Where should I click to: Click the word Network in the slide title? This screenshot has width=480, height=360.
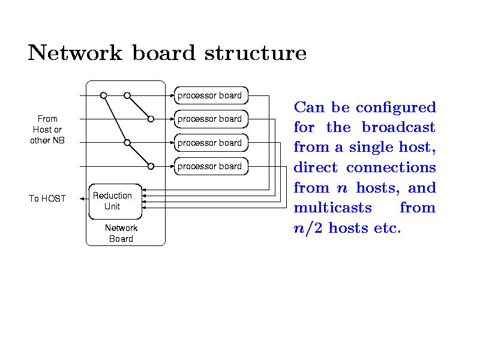(74, 53)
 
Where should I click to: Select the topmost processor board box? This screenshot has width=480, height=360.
(210, 95)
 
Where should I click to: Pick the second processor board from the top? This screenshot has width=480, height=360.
(210, 119)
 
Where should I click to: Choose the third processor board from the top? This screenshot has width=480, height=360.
(210, 143)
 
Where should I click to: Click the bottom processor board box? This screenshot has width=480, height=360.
(210, 166)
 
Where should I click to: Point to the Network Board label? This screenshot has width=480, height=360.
(121, 233)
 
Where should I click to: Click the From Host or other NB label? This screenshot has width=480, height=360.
(47, 130)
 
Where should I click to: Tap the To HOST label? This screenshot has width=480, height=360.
(47, 199)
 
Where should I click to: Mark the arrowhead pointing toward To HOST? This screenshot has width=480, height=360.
(82, 198)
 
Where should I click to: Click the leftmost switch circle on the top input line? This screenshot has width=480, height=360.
(103, 95)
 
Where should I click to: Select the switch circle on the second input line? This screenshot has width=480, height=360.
(151, 119)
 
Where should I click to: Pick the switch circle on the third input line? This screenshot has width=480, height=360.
(127, 143)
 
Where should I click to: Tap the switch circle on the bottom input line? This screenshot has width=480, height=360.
(151, 166)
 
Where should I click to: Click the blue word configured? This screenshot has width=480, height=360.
(395, 108)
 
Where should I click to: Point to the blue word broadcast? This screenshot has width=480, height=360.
(398, 128)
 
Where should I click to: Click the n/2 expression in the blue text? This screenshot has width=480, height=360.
(307, 228)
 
